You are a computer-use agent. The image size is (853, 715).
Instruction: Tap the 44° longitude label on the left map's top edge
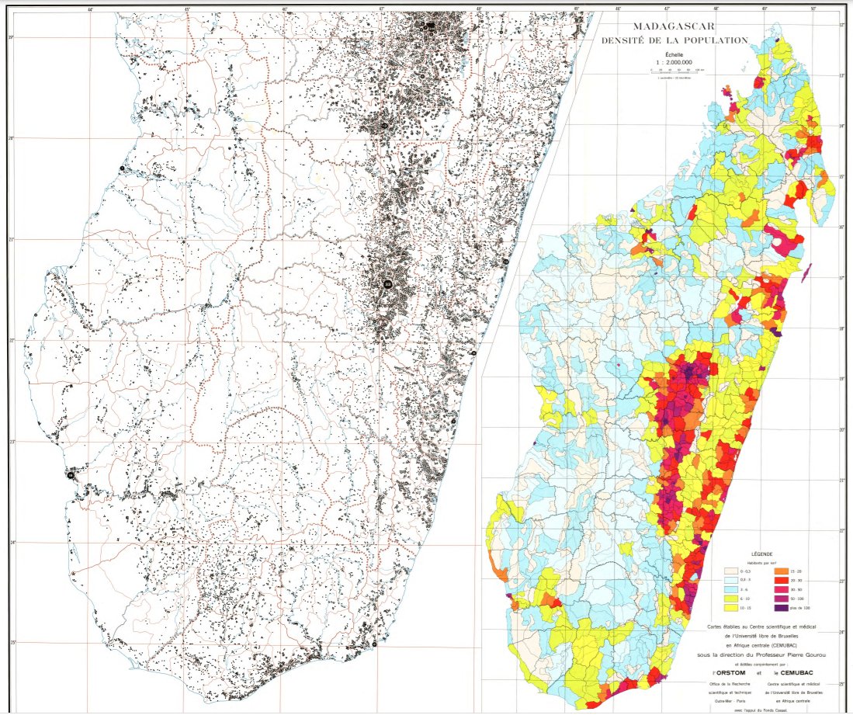click(91, 9)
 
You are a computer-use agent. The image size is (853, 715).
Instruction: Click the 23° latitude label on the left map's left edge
click(10, 442)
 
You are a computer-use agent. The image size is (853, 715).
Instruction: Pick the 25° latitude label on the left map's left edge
click(10, 642)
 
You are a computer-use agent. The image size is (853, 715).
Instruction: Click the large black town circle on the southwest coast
click(71, 474)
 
